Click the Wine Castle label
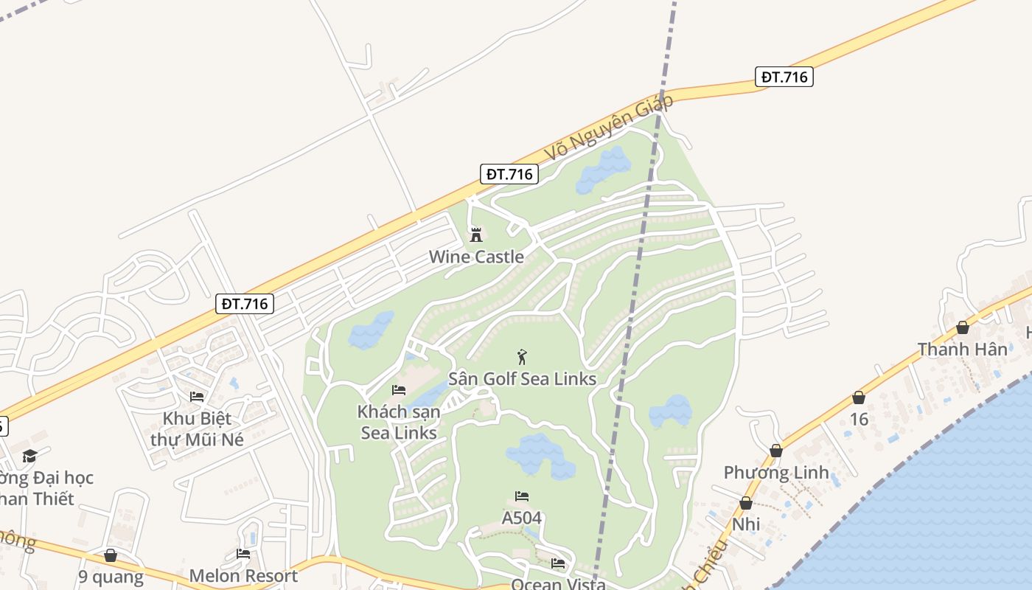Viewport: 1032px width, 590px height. click(476, 257)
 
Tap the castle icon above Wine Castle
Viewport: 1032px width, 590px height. click(476, 235)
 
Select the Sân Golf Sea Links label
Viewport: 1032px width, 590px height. click(522, 379)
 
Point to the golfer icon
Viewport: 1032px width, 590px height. click(522, 357)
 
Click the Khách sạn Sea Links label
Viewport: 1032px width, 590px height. click(399, 422)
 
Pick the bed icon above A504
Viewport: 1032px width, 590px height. click(522, 496)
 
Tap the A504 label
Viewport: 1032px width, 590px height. click(522, 518)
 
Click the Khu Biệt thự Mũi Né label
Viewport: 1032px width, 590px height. click(197, 428)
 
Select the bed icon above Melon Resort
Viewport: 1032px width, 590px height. click(243, 554)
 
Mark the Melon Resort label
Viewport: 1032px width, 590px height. click(243, 575)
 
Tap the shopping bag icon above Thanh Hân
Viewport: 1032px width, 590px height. click(962, 327)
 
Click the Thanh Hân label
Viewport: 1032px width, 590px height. click(962, 349)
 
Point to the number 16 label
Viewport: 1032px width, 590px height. click(859, 420)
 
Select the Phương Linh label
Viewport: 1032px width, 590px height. click(775, 472)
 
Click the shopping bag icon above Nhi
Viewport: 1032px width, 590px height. click(746, 503)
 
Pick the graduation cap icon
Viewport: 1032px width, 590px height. click(29, 457)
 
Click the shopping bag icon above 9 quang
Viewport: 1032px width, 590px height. click(111, 555)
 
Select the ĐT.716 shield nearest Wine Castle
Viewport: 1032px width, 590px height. click(509, 174)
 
